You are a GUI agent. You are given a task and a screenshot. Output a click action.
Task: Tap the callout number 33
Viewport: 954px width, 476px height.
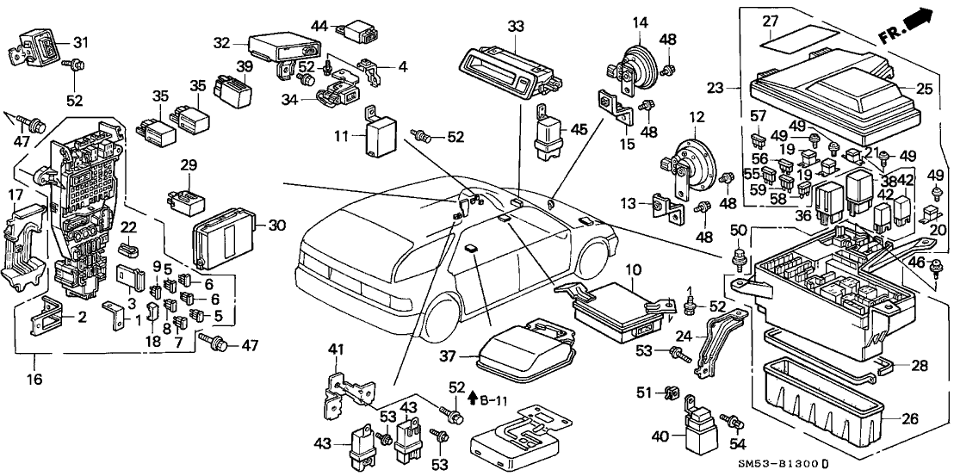pyautogui.click(x=514, y=26)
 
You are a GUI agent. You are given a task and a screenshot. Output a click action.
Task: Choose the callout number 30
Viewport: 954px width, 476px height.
pyautogui.click(x=275, y=226)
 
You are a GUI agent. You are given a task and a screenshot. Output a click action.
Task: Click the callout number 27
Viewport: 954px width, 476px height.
pyautogui.click(x=771, y=21)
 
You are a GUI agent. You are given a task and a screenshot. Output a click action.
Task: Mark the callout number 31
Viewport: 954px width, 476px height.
pyautogui.click(x=80, y=42)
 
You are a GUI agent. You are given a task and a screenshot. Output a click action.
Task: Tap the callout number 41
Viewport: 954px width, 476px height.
pyautogui.click(x=337, y=349)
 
